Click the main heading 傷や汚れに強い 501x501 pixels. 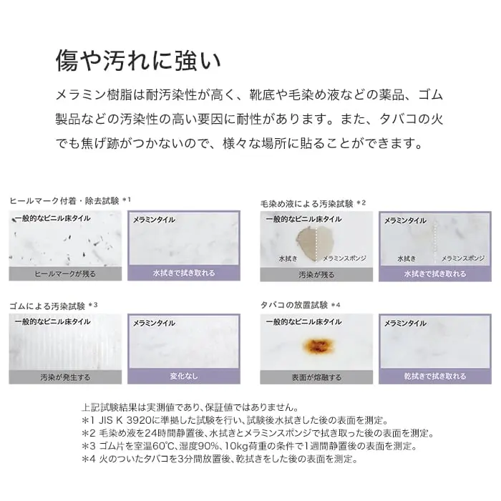point(138,60)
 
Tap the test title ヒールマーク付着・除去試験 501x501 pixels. point(64,201)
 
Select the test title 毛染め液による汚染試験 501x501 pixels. point(307,203)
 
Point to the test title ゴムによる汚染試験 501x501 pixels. point(47,306)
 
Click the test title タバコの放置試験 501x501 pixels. point(294,305)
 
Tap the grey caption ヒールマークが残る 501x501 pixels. point(65,274)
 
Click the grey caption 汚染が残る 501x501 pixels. point(316,274)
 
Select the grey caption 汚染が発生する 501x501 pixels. point(65,377)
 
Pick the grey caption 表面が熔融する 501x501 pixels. point(316,377)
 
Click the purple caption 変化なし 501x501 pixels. point(184,376)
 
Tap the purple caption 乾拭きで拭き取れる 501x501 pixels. point(435,376)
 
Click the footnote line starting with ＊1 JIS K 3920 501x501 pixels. point(235,420)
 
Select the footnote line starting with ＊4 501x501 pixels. point(220,459)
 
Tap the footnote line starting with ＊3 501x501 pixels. point(249,446)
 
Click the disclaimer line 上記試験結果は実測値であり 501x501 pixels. point(190,407)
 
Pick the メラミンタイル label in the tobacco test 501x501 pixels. point(405,324)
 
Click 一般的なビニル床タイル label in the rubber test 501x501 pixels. point(53,322)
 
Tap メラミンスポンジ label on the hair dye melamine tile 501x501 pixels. point(463,258)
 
